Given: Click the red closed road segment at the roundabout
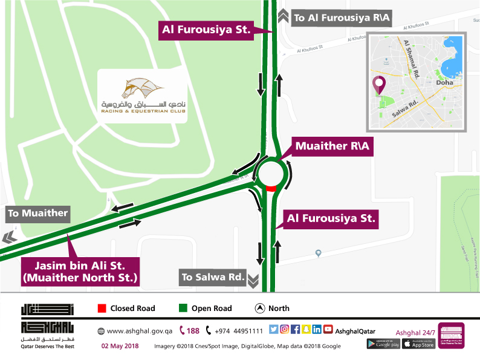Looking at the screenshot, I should click(271, 189).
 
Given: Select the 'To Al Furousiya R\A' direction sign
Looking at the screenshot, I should click(342, 18).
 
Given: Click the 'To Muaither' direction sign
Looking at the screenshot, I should click(37, 214).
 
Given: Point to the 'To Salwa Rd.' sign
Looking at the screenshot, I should click(213, 278).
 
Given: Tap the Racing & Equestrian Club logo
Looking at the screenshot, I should click(143, 96).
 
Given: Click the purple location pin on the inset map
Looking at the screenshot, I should click(379, 85).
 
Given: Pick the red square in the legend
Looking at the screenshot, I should click(102, 309).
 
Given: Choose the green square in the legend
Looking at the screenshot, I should click(183, 309).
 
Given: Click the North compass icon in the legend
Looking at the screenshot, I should click(260, 309).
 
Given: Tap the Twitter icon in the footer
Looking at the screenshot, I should click(273, 330).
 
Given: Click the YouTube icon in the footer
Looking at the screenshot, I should click(328, 330).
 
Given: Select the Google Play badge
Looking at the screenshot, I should click(382, 344).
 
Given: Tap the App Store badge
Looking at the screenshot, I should click(419, 344).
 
